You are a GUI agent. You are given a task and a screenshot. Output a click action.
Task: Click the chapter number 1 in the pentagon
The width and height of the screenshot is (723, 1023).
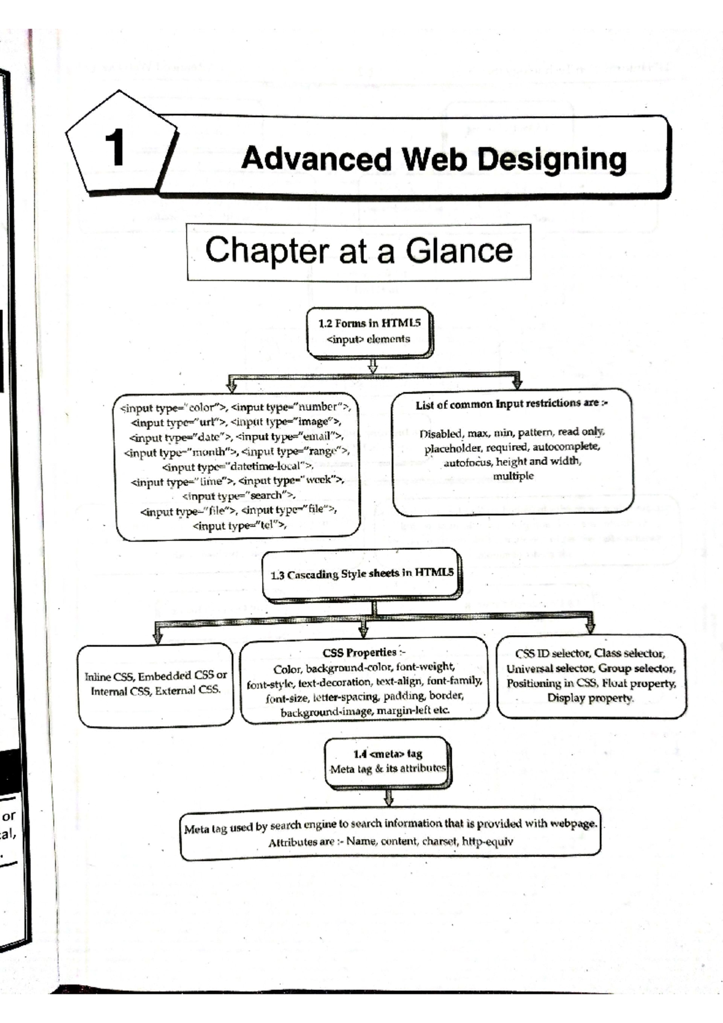[114, 147]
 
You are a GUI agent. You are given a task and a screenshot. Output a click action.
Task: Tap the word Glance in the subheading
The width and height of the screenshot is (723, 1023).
[459, 250]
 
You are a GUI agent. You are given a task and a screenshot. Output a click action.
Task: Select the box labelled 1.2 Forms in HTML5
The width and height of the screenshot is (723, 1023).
[369, 331]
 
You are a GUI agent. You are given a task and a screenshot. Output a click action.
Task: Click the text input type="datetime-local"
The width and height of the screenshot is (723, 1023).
[237, 466]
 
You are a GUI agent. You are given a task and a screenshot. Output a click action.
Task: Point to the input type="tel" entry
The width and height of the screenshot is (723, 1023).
[239, 525]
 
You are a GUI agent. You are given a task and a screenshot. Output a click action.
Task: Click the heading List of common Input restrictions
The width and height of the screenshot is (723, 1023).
[511, 404]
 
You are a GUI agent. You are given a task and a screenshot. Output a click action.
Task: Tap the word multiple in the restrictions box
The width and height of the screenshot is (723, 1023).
[513, 476]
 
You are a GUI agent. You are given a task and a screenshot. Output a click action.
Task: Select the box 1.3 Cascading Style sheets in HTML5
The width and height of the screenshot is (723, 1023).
[361, 574]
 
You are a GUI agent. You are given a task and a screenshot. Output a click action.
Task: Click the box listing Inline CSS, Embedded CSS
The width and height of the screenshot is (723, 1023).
[155, 683]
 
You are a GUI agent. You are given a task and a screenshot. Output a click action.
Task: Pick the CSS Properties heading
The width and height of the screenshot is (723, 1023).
[363, 653]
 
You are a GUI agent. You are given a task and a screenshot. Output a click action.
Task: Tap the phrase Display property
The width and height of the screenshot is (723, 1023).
[590, 698]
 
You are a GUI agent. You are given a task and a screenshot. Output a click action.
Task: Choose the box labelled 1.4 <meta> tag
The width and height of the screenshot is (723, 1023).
[387, 761]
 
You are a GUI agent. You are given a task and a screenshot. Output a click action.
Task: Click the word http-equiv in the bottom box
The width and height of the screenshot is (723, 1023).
[487, 841]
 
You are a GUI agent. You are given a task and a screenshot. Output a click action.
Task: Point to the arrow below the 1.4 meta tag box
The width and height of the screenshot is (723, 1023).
[389, 798]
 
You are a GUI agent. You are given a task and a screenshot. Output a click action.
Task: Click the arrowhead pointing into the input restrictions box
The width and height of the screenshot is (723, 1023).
[516, 383]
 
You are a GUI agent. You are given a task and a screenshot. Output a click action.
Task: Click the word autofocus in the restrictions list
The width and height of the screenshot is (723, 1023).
[468, 462]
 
